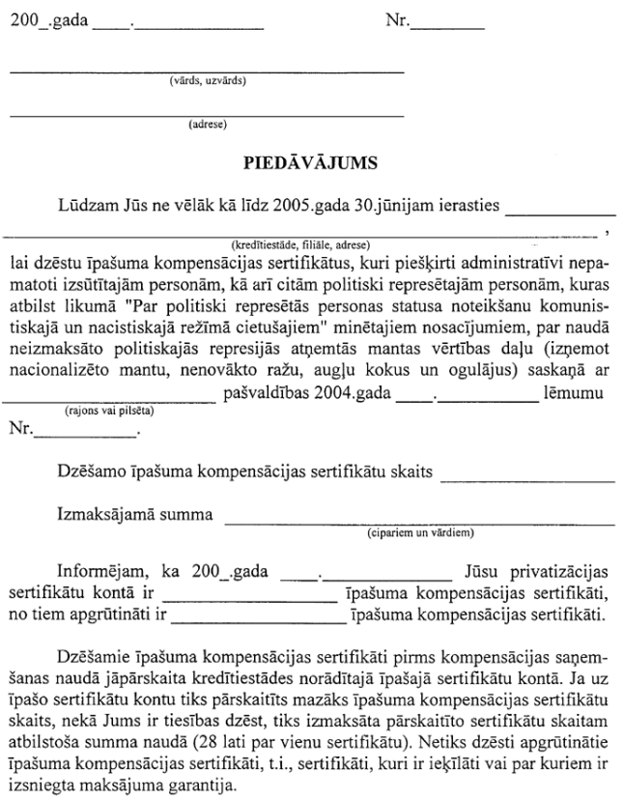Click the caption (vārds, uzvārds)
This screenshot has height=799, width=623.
point(206,80)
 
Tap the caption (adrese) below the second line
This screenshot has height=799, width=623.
point(207,124)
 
